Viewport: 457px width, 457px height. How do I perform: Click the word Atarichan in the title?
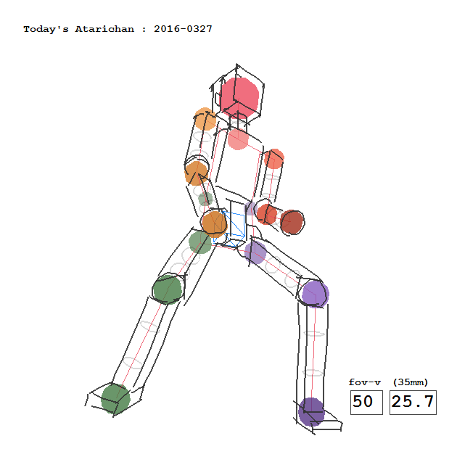tap(104, 29)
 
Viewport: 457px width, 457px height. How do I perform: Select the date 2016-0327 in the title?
tap(183, 29)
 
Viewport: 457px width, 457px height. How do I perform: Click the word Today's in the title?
tap(46, 30)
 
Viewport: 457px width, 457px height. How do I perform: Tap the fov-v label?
tap(365, 382)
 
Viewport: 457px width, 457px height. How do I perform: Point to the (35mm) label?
tap(411, 382)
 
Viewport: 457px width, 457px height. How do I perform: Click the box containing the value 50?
tap(366, 402)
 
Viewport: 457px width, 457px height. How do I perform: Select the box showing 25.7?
tap(413, 402)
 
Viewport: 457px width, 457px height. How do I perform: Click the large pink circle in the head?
tap(239, 96)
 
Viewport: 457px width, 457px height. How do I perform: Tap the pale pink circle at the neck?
tap(238, 139)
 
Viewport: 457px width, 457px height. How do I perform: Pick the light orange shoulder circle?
tap(205, 119)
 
